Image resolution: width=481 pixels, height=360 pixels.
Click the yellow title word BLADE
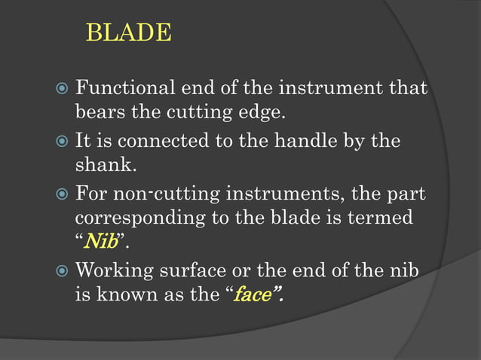[129, 34]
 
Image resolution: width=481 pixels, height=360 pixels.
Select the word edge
[266, 113]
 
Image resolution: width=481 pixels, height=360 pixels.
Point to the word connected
[163, 141]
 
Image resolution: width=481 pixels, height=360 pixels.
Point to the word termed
[379, 218]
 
